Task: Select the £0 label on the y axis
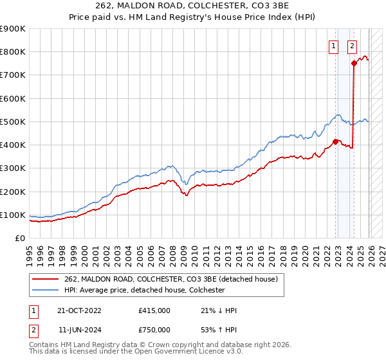coord(20,239)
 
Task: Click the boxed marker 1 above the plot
coord(335,46)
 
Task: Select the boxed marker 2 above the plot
coord(353,46)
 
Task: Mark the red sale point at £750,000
coord(354,63)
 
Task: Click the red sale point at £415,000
coord(335,141)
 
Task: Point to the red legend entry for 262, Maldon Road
coord(170,279)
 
